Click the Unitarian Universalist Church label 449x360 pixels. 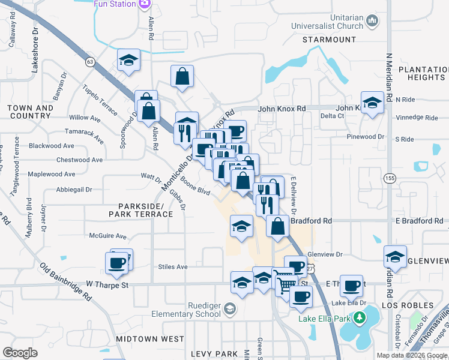[327, 22]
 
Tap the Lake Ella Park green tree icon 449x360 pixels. [360, 317]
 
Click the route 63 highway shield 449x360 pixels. [90, 62]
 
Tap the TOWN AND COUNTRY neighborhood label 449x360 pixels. [29, 112]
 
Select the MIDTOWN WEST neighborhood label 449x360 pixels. [150, 339]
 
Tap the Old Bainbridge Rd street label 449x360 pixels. [66, 281]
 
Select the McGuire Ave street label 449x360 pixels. [108, 236]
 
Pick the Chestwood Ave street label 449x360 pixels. [79, 160]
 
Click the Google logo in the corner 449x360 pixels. [20, 353]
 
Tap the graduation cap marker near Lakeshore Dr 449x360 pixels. [128, 61]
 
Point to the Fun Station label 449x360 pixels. [115, 4]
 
